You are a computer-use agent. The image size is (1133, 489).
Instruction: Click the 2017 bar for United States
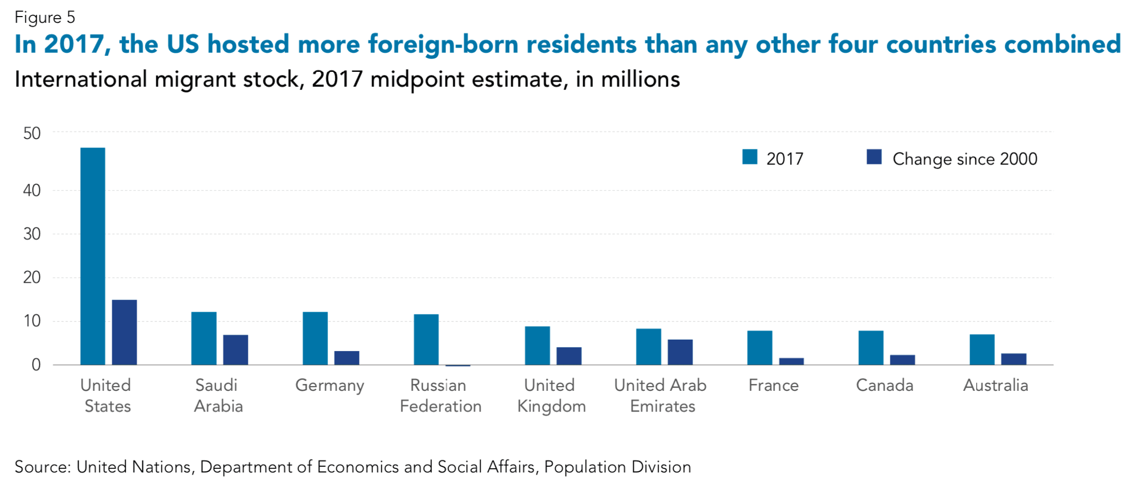(93, 256)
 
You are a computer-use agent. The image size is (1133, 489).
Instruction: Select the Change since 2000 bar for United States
(124, 332)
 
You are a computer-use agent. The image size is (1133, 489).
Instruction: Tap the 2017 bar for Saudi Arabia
(204, 338)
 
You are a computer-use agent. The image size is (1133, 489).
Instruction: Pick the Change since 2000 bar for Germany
(347, 358)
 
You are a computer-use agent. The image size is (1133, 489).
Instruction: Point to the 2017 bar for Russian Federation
(426, 339)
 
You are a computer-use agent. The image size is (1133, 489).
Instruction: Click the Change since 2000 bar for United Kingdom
(569, 356)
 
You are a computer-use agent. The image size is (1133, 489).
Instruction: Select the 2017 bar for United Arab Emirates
(648, 346)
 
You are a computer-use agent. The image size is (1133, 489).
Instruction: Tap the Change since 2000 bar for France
(791, 361)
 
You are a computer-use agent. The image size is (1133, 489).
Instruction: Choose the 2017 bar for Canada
(871, 347)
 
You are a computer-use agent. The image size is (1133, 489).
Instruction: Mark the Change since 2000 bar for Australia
(1013, 359)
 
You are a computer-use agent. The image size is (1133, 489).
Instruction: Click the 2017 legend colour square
(750, 157)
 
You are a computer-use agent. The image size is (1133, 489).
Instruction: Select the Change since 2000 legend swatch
(874, 157)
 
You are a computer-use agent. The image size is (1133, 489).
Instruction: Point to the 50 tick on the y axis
(32, 133)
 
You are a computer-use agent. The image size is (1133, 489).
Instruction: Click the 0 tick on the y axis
(36, 365)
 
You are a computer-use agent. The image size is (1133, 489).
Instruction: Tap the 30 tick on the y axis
(32, 234)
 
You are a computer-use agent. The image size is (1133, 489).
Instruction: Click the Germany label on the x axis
(330, 386)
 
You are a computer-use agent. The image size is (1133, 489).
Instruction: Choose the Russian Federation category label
(440, 395)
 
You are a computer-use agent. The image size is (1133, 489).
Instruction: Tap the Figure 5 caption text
(45, 18)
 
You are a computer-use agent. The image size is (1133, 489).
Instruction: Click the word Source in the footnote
(42, 467)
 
